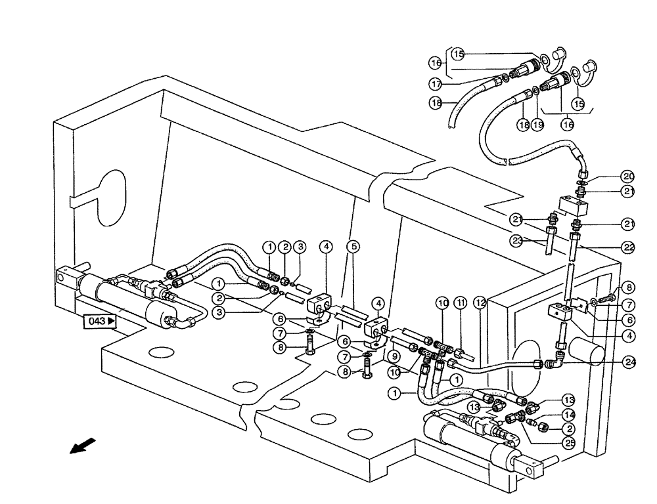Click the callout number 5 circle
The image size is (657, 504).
pyautogui.click(x=354, y=247)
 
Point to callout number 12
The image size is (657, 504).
pyautogui.click(x=480, y=303)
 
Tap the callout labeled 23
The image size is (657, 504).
pyautogui.click(x=518, y=240)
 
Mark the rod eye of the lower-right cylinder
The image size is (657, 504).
pyautogui.click(x=533, y=467)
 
